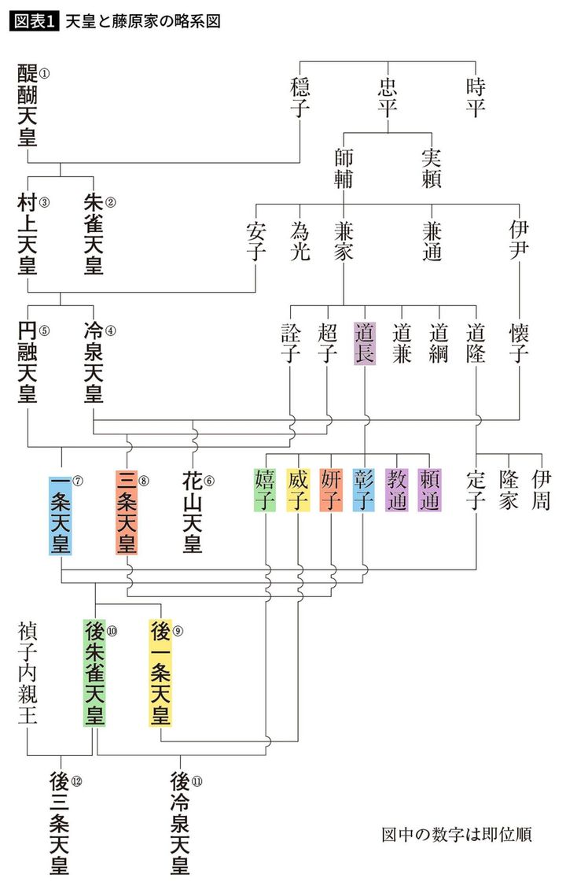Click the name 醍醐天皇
[x=28, y=106]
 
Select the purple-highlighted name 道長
[x=366, y=342]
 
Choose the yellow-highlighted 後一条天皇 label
[x=160, y=673]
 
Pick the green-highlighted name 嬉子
[x=265, y=489]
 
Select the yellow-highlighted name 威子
[x=298, y=489]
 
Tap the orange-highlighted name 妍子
[x=331, y=489]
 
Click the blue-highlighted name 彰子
[x=364, y=489]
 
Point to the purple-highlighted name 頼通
[x=430, y=489]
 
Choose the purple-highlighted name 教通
[x=397, y=489]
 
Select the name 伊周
[x=541, y=489]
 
